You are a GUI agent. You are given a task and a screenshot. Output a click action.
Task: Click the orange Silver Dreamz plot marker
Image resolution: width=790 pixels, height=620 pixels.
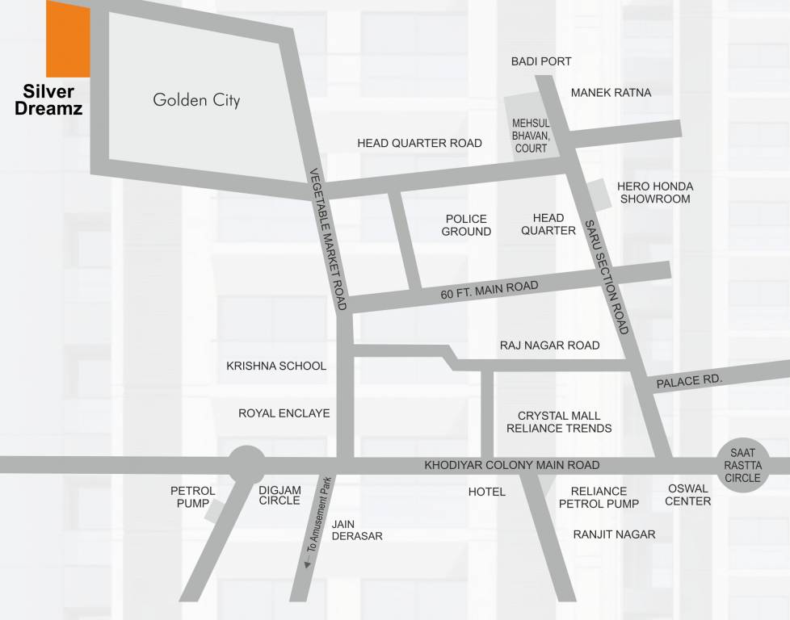(68, 39)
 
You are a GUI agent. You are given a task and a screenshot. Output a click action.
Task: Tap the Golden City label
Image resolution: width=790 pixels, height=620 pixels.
(196, 101)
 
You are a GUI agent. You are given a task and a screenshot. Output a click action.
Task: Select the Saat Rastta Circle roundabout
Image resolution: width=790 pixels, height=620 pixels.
(742, 466)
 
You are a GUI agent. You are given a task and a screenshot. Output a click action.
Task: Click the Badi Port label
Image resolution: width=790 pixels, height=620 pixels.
(541, 61)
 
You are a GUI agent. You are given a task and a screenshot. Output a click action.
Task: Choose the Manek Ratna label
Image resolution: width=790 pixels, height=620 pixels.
(611, 93)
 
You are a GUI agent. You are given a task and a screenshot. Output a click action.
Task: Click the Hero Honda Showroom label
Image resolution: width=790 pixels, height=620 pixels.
(654, 192)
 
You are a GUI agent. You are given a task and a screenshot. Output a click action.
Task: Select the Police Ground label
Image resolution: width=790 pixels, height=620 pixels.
(466, 225)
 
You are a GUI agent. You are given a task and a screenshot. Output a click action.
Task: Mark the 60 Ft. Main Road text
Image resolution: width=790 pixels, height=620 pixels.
(489, 291)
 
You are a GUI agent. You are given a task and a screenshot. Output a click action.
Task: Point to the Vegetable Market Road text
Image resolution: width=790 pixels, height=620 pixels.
(329, 239)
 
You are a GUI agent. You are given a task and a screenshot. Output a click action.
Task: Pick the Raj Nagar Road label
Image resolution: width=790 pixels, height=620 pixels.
(549, 346)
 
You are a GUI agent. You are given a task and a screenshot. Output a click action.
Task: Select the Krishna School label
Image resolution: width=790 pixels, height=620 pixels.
(276, 366)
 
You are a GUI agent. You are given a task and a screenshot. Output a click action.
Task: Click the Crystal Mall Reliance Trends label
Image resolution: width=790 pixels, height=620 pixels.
(559, 422)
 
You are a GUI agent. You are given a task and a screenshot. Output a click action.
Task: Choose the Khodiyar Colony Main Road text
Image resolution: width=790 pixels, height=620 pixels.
(512, 465)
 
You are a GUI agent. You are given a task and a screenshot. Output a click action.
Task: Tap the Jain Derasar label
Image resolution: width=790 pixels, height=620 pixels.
(356, 530)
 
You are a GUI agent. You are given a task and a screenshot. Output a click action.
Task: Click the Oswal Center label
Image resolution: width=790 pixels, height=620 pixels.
(688, 494)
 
